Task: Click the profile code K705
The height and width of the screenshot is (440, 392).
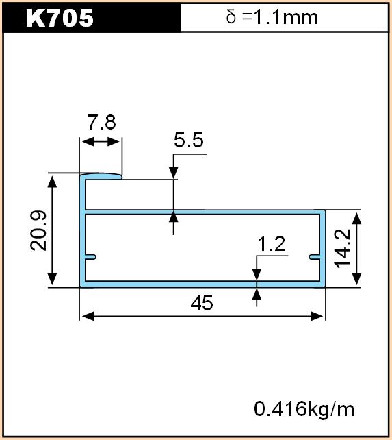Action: coord(60,19)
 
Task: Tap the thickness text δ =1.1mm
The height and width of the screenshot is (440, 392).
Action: coord(272,17)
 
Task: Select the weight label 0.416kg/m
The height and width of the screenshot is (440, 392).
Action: coord(304,409)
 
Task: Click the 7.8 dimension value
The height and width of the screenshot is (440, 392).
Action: coord(101,123)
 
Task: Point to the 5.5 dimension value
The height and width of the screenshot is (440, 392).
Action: coord(189,140)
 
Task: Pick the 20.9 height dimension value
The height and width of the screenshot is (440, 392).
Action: coord(38,230)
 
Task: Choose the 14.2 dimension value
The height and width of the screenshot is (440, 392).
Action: coord(343,248)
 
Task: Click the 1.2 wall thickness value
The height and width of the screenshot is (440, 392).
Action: coord(271,243)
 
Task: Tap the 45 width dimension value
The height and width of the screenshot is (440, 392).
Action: coord(202,303)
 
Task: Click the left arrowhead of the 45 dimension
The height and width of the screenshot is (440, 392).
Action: coord(88,316)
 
